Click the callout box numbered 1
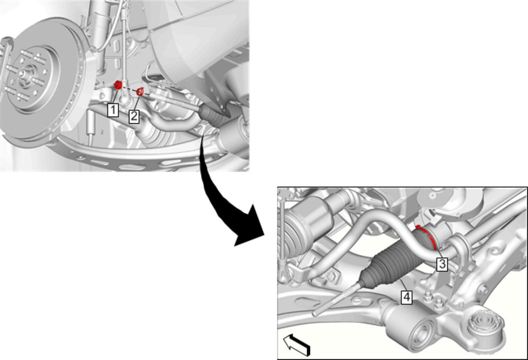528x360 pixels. point(113,110)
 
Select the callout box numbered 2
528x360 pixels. point(134,117)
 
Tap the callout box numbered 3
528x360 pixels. point(442,264)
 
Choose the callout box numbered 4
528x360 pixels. point(407,297)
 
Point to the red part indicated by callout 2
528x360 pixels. point(140,91)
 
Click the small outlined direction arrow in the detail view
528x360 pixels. point(296,345)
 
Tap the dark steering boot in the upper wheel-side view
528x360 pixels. point(215,114)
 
